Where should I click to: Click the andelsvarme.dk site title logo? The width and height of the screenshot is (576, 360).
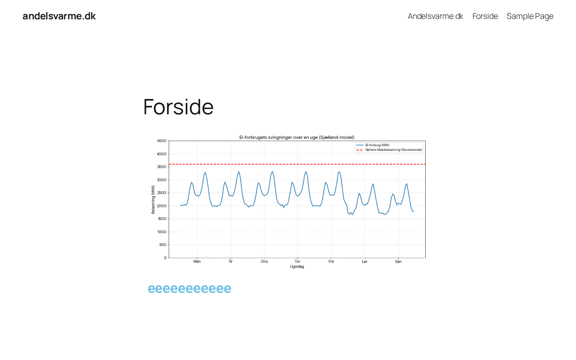click(x=59, y=16)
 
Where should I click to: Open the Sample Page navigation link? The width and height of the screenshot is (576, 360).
click(x=530, y=16)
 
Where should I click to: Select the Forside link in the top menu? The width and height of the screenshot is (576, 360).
click(x=485, y=16)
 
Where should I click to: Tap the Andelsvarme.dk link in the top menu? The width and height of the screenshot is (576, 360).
click(x=435, y=16)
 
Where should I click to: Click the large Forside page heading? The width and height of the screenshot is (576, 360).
click(x=178, y=107)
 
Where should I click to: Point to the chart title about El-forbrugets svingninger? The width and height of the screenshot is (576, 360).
click(x=297, y=137)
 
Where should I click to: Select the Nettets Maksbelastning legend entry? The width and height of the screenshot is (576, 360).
click(x=389, y=150)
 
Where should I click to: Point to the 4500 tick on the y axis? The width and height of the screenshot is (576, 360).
click(x=162, y=141)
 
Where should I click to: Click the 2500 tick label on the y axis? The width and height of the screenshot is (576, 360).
click(x=162, y=193)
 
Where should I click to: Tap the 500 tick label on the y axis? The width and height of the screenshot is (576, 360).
click(x=162, y=245)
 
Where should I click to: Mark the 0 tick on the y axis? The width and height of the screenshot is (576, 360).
click(x=165, y=258)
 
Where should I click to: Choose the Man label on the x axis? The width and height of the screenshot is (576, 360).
click(x=197, y=261)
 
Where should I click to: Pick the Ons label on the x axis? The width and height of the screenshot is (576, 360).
click(x=264, y=261)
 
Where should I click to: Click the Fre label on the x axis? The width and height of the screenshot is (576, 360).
click(x=331, y=261)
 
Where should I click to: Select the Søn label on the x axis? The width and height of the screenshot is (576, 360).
click(x=398, y=261)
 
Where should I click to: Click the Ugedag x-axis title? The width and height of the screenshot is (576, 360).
click(x=297, y=267)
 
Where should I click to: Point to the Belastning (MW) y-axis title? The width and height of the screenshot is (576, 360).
click(x=153, y=199)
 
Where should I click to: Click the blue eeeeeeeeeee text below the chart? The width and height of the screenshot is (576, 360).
click(x=189, y=289)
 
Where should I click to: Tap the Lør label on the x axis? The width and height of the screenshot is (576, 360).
click(x=364, y=261)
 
